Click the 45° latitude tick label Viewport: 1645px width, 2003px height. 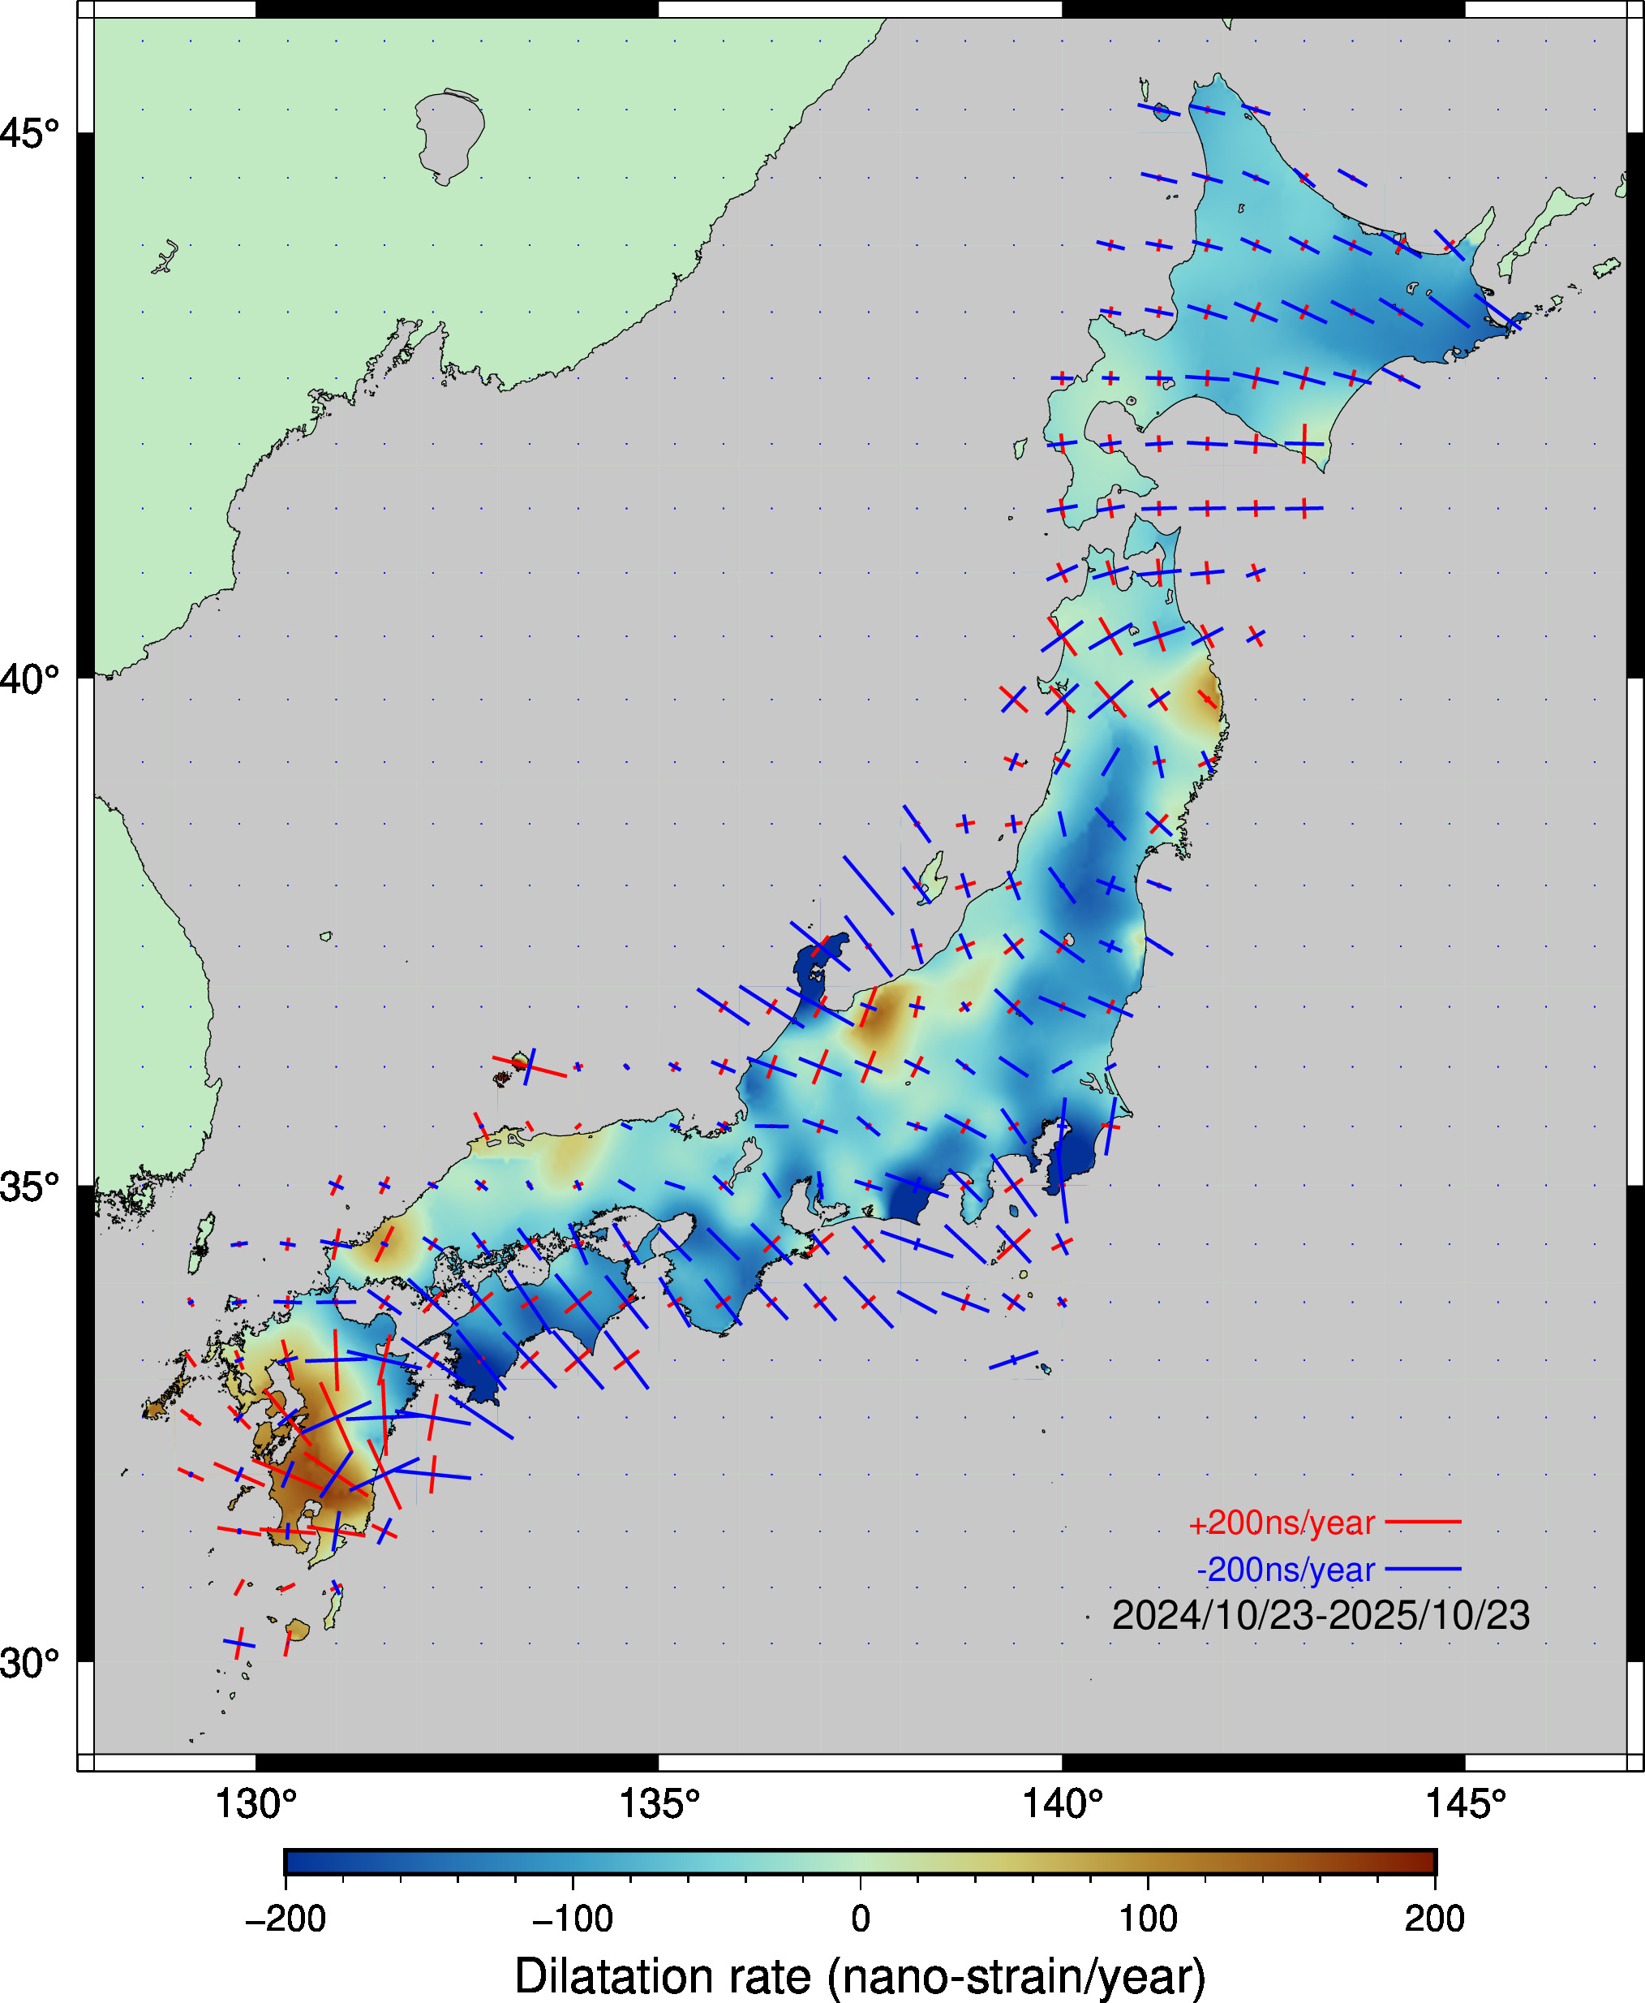point(28,133)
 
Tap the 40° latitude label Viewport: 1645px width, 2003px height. point(28,678)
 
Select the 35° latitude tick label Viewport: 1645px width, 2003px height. point(28,1186)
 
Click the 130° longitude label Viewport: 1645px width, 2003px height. point(256,1804)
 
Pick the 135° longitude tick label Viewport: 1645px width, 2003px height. point(659,1804)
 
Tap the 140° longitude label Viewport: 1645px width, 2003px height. point(1063,1804)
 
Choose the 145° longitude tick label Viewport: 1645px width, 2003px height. point(1465,1804)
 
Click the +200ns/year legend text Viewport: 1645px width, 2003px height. point(1281,1523)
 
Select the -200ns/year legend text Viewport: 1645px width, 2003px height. point(1285,1570)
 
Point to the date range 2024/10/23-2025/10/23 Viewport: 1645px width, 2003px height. point(1320,1616)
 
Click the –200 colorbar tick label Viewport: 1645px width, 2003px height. point(286,1919)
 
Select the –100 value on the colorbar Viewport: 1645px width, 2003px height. point(573,1919)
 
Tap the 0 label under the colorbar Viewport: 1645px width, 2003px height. point(861,1919)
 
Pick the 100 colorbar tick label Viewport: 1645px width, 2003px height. point(1148,1919)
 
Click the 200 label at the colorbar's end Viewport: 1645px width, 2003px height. point(1435,1919)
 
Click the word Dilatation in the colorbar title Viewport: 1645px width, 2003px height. point(663,1975)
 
